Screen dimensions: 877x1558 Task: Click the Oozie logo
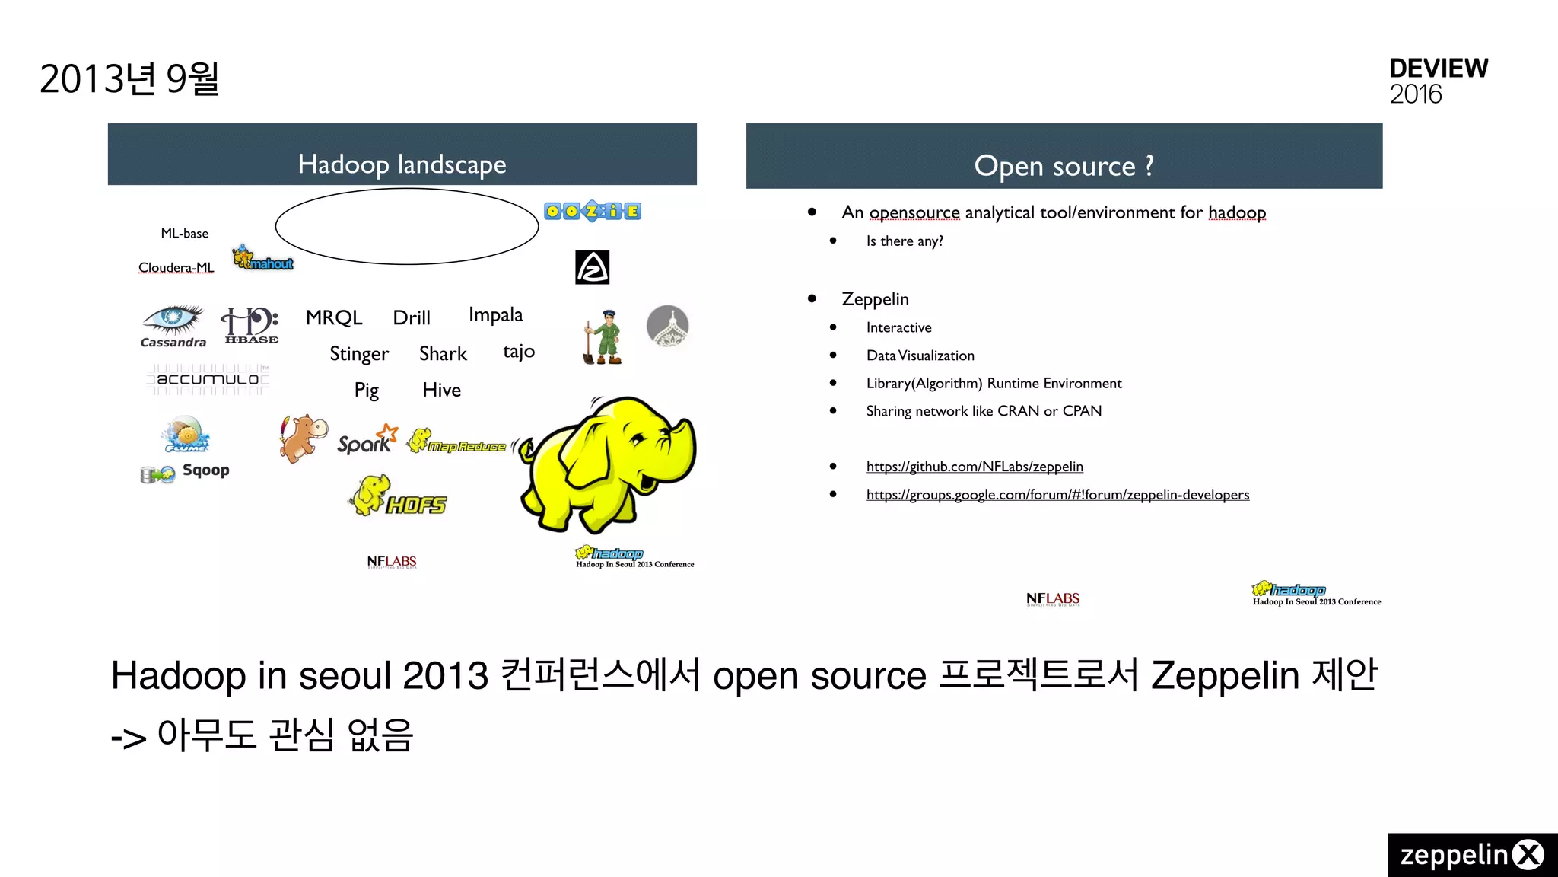point(593,211)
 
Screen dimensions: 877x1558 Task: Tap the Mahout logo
point(262,259)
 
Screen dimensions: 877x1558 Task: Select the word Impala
point(495,315)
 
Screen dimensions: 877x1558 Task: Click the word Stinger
point(359,354)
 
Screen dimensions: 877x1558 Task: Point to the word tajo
point(519,352)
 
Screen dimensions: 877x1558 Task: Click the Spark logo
point(367,440)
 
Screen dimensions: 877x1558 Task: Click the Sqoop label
point(205,470)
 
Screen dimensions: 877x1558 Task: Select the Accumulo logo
point(208,379)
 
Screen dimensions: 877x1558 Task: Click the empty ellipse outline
point(407,226)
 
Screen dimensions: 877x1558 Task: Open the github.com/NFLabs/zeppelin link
point(975,467)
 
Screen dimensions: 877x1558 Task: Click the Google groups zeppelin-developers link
point(1057,495)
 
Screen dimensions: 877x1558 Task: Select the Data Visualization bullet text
point(920,356)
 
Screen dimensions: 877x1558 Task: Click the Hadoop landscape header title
point(402,164)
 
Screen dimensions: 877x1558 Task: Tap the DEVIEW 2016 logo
point(1438,81)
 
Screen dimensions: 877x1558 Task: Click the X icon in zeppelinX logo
point(1528,855)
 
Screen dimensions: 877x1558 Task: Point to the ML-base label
point(185,234)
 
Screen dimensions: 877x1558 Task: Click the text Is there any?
point(905,241)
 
